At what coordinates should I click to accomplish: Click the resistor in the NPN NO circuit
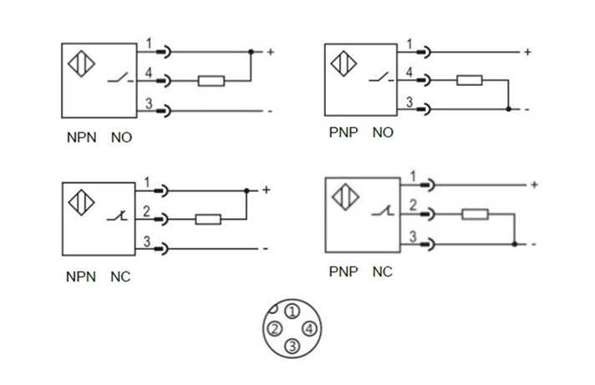[211, 81]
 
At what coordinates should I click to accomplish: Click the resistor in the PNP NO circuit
[470, 81]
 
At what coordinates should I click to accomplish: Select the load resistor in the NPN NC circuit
[207, 220]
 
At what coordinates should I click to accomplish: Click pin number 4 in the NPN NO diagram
[149, 73]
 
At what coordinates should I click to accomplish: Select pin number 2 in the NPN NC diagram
[147, 212]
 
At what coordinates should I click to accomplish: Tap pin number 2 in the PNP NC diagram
[411, 206]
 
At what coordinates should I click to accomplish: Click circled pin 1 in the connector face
[291, 311]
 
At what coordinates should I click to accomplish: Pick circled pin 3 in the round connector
[291, 346]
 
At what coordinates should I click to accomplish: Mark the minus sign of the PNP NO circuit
[527, 109]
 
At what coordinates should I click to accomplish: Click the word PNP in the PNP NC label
[343, 272]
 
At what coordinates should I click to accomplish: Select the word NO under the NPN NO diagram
[121, 136]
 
